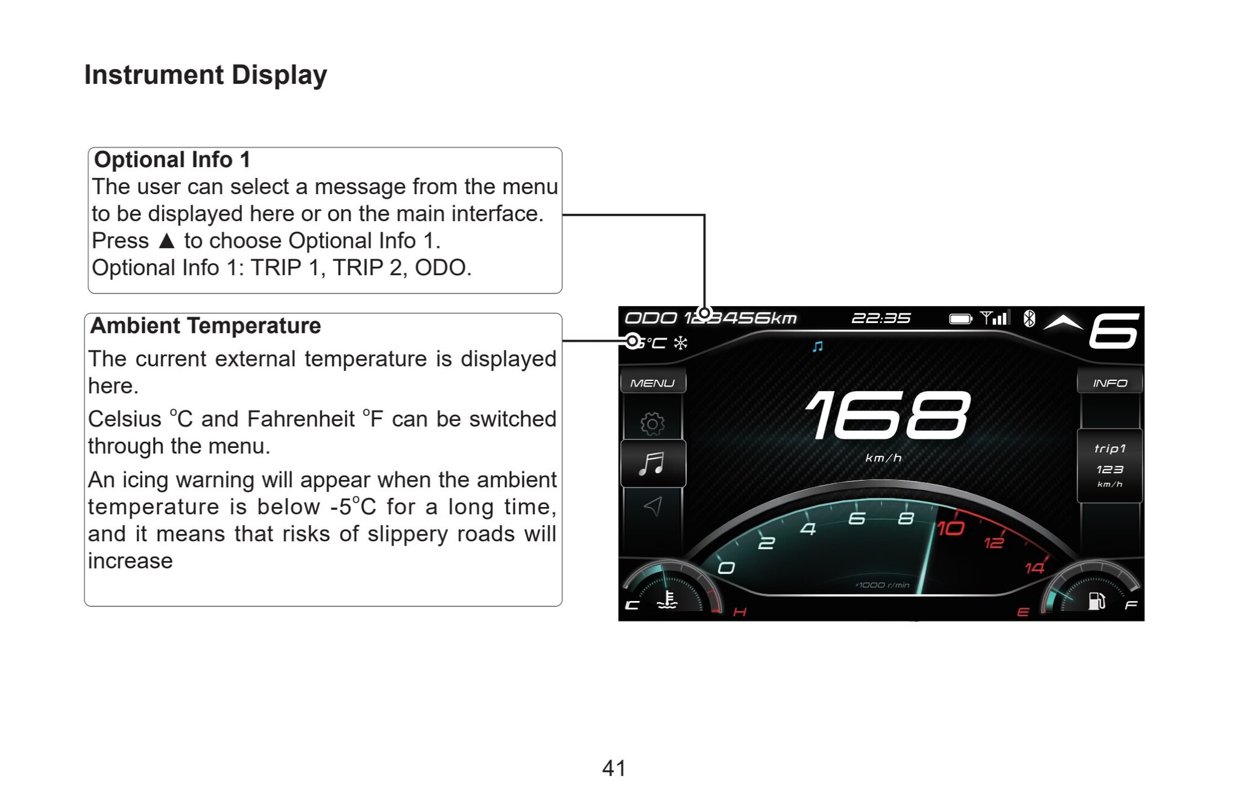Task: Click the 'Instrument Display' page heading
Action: pyautogui.click(x=206, y=75)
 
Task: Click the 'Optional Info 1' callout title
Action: pyautogui.click(x=172, y=160)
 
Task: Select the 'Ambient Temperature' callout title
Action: pyautogui.click(x=206, y=326)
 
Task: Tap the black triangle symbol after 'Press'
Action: pyautogui.click(x=167, y=241)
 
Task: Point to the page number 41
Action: pyautogui.click(x=614, y=768)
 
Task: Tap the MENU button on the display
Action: pyautogui.click(x=652, y=383)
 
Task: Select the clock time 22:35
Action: pyautogui.click(x=880, y=318)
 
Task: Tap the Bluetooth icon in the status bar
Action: pyautogui.click(x=1029, y=318)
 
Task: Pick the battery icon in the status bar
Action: pyautogui.click(x=961, y=319)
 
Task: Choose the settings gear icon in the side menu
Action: pyautogui.click(x=652, y=424)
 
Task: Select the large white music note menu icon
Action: pyautogui.click(x=652, y=464)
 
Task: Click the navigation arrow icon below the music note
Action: pyautogui.click(x=654, y=506)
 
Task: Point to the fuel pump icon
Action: pyautogui.click(x=1096, y=601)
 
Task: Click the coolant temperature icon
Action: pyautogui.click(x=668, y=600)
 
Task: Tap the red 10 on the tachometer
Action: pyautogui.click(x=950, y=529)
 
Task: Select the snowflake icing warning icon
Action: pyautogui.click(x=681, y=343)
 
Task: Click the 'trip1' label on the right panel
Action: pyautogui.click(x=1110, y=448)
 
